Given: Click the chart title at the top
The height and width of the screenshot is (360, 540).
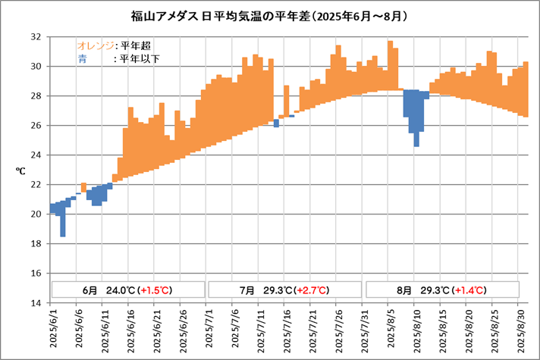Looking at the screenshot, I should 270,14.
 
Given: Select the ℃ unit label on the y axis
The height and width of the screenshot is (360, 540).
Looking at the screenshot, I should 20,171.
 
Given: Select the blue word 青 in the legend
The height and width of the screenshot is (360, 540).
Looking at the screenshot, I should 81,58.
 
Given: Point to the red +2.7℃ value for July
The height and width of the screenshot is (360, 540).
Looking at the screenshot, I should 312,290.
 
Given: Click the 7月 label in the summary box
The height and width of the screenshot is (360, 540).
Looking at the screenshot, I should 247,290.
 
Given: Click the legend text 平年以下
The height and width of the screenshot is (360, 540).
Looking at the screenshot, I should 137,58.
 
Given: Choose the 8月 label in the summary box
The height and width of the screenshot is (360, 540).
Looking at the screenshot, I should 403,290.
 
